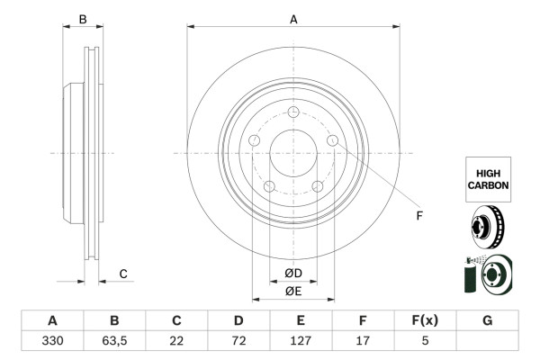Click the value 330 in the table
[52, 341]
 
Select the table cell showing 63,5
[114, 341]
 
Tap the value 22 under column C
[176, 341]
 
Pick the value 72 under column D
[238, 341]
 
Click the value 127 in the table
[301, 341]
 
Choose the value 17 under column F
[363, 341]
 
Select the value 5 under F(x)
[425, 341]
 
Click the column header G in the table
[487, 320]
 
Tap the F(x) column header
[425, 320]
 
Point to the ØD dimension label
[293, 274]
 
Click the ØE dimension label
[293, 291]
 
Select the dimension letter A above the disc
[293, 18]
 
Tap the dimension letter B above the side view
[82, 19]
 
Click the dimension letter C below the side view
[123, 274]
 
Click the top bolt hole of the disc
[293, 112]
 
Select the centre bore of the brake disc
[293, 154]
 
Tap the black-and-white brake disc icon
[486, 227]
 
